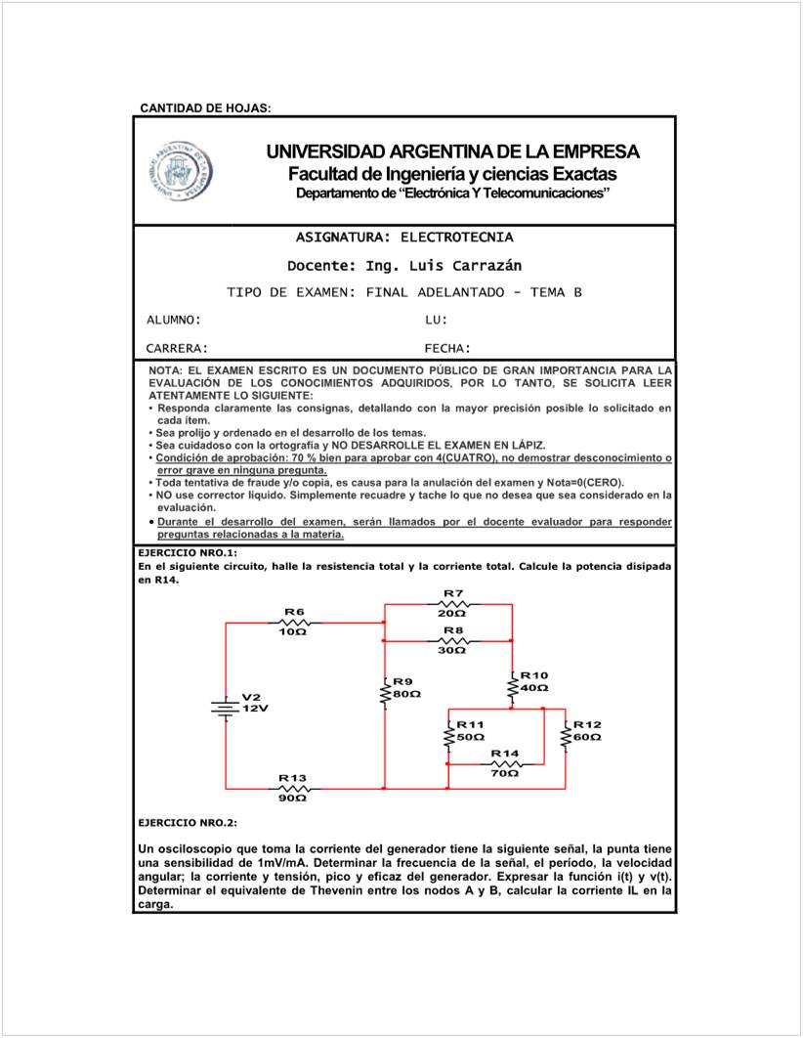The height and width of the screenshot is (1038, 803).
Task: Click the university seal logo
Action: pyautogui.click(x=181, y=168)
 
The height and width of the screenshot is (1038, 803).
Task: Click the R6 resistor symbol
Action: pyautogui.click(x=294, y=622)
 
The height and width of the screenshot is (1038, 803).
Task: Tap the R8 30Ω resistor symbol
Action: pyautogui.click(x=452, y=640)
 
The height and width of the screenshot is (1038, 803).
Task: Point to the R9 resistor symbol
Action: pyautogui.click(x=385, y=693)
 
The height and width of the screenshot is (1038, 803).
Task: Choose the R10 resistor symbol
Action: pyautogui.click(x=512, y=688)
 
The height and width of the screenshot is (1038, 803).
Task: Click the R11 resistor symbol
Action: pyautogui.click(x=448, y=736)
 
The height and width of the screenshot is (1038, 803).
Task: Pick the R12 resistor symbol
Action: pyautogui.click(x=566, y=736)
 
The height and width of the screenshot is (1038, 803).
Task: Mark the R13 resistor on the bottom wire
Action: pyautogui.click(x=294, y=788)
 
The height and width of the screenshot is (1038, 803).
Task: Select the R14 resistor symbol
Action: pyautogui.click(x=505, y=763)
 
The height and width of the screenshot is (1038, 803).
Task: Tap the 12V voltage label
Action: pyautogui.click(x=255, y=708)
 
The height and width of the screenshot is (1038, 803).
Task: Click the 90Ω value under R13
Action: pyautogui.click(x=293, y=798)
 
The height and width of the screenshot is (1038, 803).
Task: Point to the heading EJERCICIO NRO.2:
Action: pyautogui.click(x=188, y=823)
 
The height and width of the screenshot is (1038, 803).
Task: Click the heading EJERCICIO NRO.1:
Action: pyautogui.click(x=188, y=552)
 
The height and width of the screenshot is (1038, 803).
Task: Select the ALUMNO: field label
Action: pyautogui.click(x=174, y=321)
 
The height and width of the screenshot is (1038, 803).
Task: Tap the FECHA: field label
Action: pyautogui.click(x=448, y=348)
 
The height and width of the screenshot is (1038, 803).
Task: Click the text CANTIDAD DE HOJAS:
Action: pyautogui.click(x=205, y=107)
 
